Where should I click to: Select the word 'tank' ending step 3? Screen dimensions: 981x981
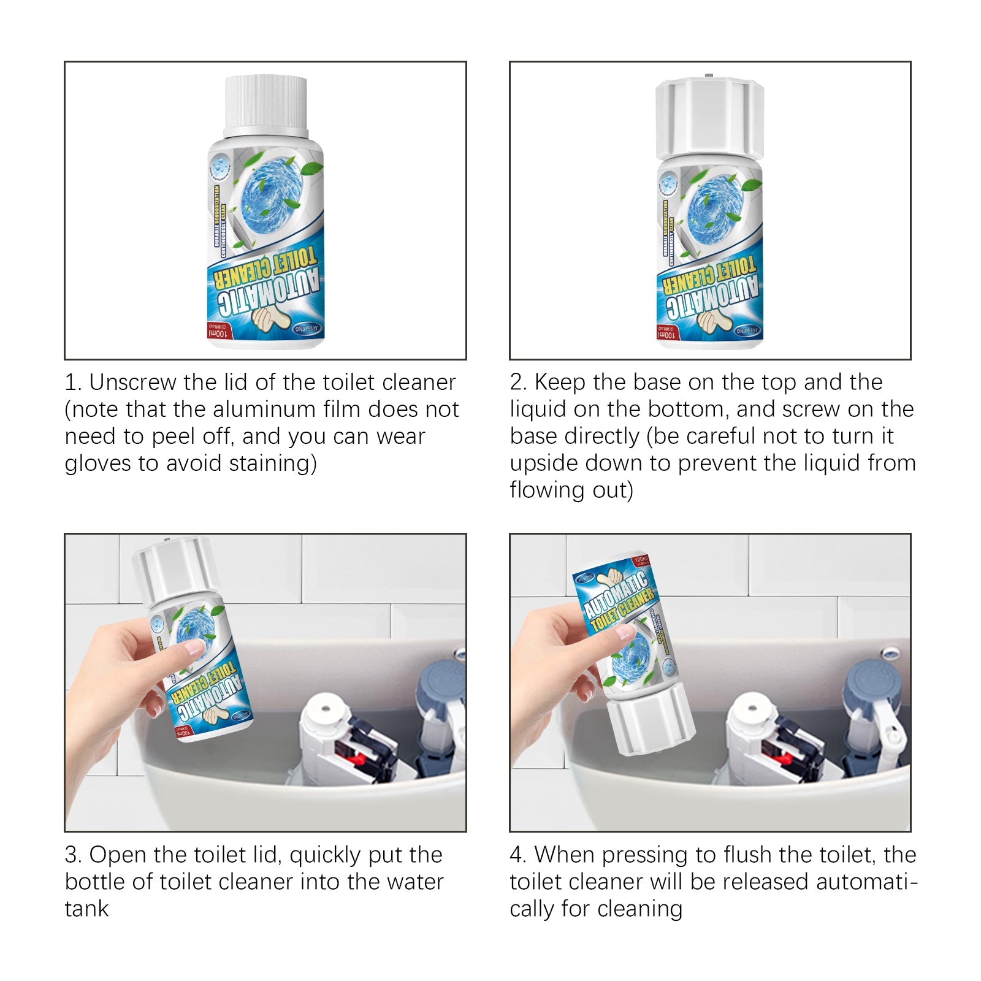86,909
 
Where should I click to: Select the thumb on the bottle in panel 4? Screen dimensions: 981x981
624,632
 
